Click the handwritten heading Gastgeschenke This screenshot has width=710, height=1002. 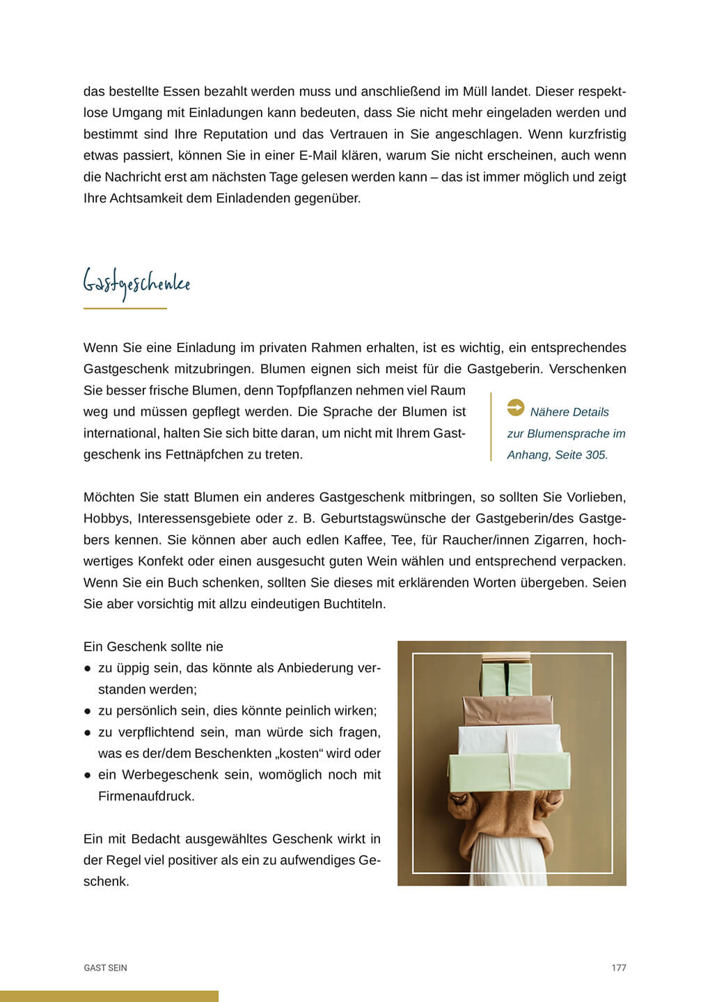click(136, 284)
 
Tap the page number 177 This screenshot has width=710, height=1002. click(619, 968)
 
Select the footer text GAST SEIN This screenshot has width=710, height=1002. click(105, 968)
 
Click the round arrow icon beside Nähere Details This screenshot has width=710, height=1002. click(516, 408)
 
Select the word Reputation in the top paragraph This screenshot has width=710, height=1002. click(236, 134)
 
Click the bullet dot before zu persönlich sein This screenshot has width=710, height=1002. click(88, 711)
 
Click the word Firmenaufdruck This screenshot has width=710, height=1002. click(146, 797)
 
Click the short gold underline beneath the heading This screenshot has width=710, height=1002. click(125, 308)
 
